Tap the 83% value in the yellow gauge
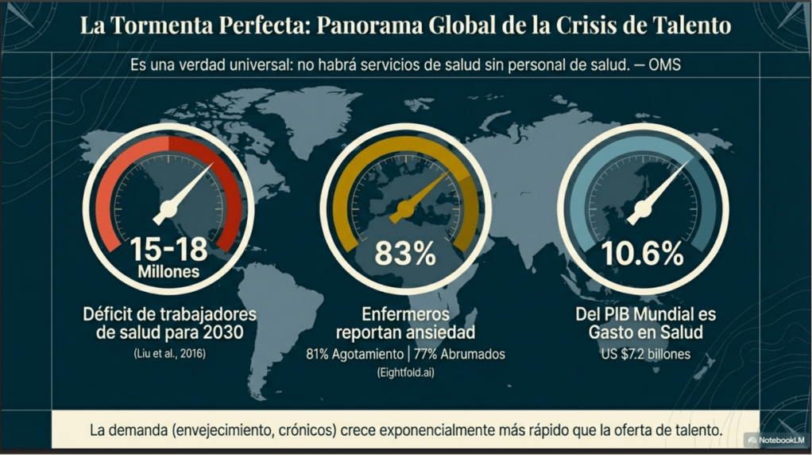[404, 254]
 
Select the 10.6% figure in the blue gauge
[642, 254]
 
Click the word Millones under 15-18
[168, 272]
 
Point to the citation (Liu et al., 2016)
[168, 352]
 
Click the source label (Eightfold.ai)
[405, 372]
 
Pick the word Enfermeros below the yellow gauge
[404, 313]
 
